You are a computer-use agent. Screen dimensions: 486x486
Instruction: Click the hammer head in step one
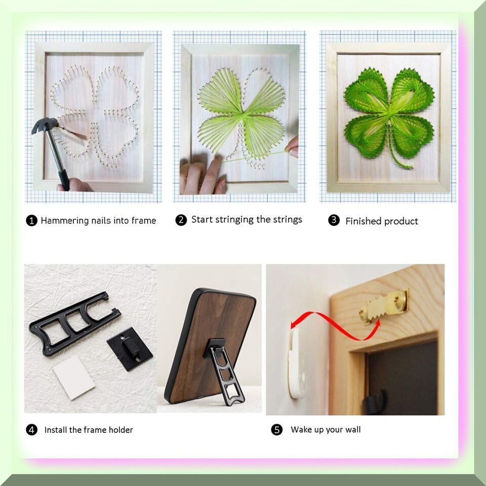coord(45,125)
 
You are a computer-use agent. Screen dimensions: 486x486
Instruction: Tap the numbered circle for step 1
coord(31,221)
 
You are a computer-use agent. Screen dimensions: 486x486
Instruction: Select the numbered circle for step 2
coord(181,220)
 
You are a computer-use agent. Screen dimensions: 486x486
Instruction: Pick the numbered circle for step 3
coord(334,220)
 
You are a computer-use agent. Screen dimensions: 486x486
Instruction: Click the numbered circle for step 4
coord(31,430)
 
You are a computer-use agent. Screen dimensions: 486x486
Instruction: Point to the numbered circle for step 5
coord(277,430)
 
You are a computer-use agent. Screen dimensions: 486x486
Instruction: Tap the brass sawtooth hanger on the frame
coord(384,306)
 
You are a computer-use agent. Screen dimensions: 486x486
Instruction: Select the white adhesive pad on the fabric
coord(74,377)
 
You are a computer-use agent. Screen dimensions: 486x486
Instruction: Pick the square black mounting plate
coord(130,349)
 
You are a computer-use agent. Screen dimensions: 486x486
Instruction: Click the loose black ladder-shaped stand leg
coord(74,323)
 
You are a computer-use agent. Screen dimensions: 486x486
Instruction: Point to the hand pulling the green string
coord(292,146)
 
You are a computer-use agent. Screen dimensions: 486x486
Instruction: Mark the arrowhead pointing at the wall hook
coord(294,324)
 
